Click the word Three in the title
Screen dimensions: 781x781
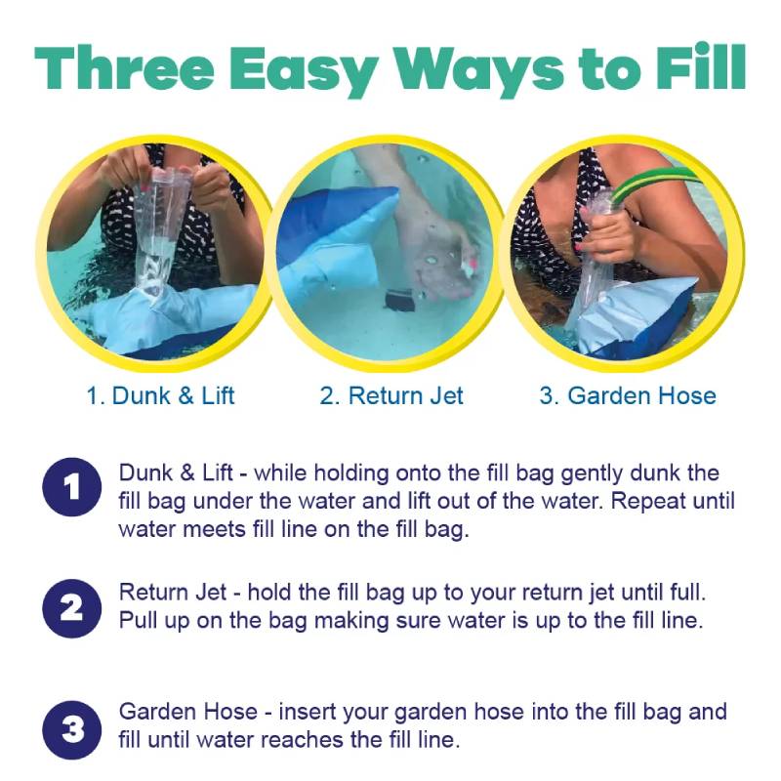[125, 67]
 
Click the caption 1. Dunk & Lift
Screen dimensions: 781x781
[160, 396]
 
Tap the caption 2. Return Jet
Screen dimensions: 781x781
[391, 396]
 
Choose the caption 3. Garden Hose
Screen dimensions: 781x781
[628, 396]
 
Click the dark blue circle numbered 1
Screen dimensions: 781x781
[72, 486]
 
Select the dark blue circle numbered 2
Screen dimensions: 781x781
[72, 608]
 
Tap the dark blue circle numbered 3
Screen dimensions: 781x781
[72, 730]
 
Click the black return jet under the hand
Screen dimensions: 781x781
[399, 301]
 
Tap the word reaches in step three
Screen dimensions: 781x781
[303, 740]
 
